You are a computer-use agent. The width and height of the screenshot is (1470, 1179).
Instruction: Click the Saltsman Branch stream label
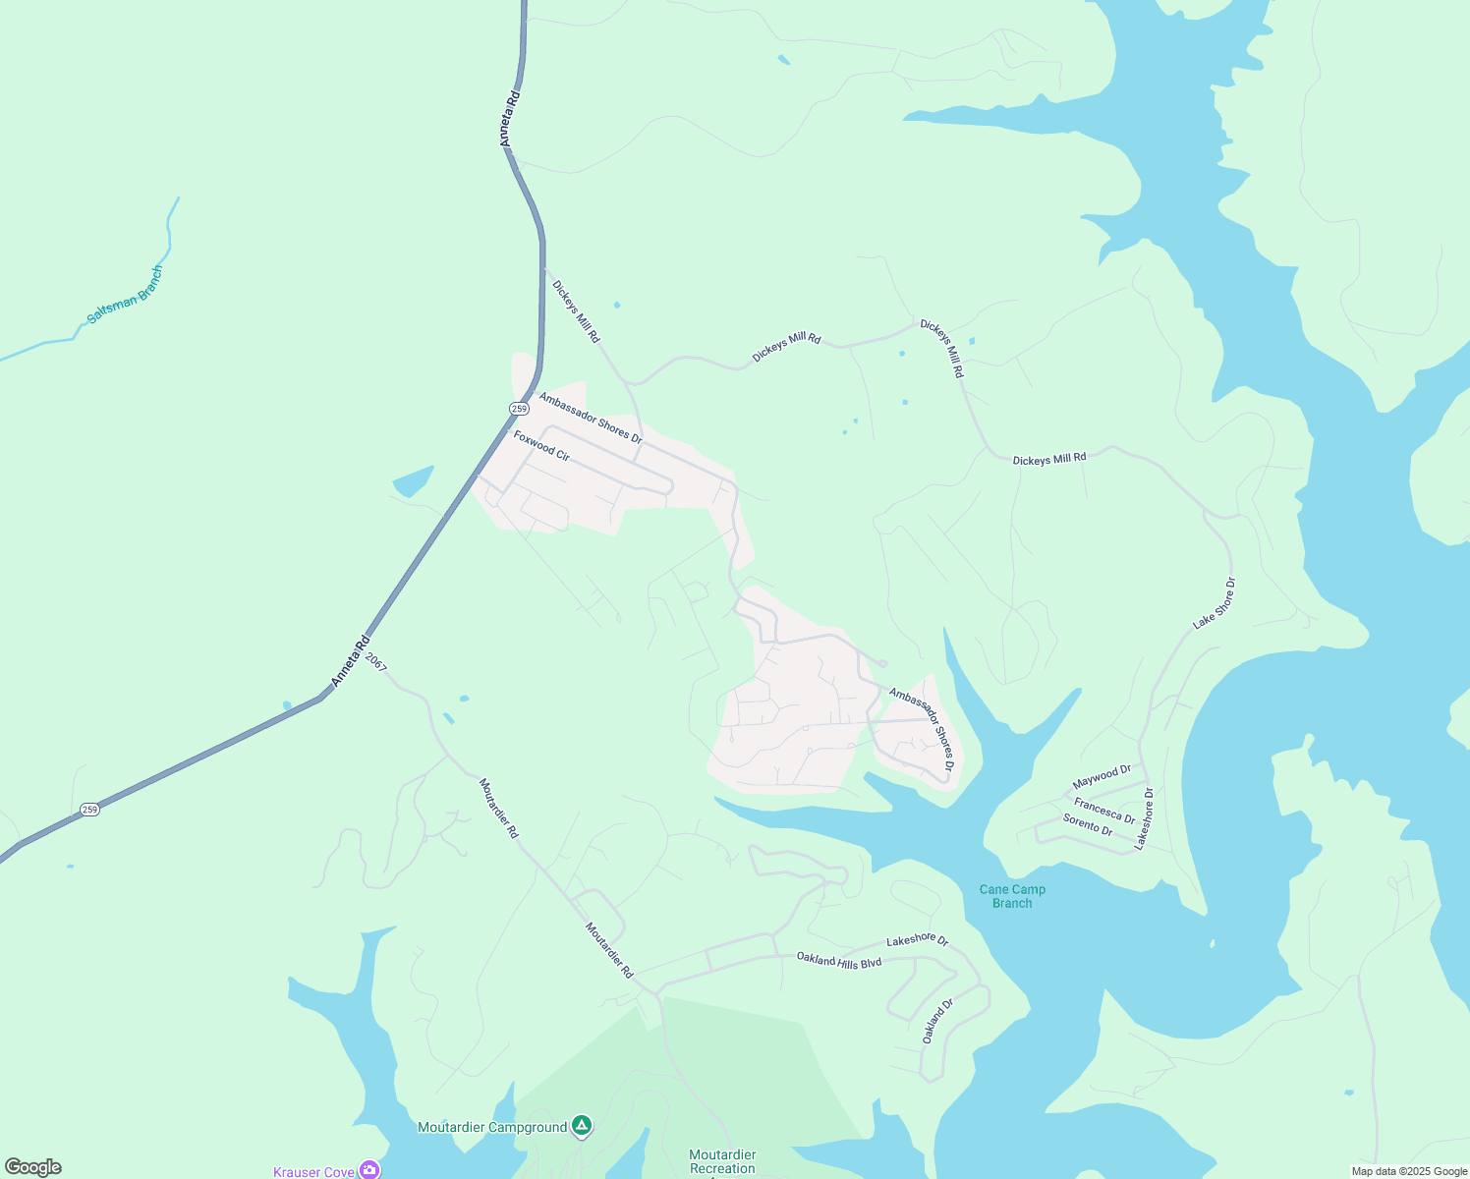pos(125,296)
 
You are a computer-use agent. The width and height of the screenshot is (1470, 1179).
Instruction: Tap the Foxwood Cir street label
pos(541,445)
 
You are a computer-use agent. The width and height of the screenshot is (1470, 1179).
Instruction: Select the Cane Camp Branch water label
pos(1012,896)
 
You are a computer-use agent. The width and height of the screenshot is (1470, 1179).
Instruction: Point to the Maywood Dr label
pos(1102,776)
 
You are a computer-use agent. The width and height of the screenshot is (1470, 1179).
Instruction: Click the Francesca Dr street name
pos(1104,811)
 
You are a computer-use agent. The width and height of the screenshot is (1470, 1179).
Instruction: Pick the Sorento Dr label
pos(1088,824)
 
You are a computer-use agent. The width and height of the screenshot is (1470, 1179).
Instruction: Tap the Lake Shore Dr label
pos(1215,603)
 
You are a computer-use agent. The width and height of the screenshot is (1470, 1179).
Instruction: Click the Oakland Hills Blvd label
pos(838,960)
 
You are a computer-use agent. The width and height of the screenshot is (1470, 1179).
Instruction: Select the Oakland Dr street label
pos(937,1021)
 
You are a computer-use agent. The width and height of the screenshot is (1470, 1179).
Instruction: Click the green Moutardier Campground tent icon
pos(582,1126)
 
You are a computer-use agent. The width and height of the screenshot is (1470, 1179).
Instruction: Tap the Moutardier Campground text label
pos(492,1127)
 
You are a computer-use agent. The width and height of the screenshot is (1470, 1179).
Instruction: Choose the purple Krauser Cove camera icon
pos(369,1170)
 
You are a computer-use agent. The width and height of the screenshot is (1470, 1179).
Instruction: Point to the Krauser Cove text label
pos(313,1172)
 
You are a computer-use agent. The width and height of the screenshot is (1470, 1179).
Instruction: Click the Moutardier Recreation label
pos(722,1161)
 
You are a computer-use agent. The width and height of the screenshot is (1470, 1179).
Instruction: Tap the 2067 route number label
pos(376,662)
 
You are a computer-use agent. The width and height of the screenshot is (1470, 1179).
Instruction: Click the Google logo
pos(33,1167)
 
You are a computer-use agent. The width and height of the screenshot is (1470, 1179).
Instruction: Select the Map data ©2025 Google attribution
pos(1409,1171)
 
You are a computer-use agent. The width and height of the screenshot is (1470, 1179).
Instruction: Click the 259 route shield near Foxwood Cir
pos(520,408)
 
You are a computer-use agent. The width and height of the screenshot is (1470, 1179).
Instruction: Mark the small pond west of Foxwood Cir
pos(413,481)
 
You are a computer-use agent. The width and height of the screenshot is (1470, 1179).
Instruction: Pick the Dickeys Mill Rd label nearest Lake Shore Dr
pos(1049,459)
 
